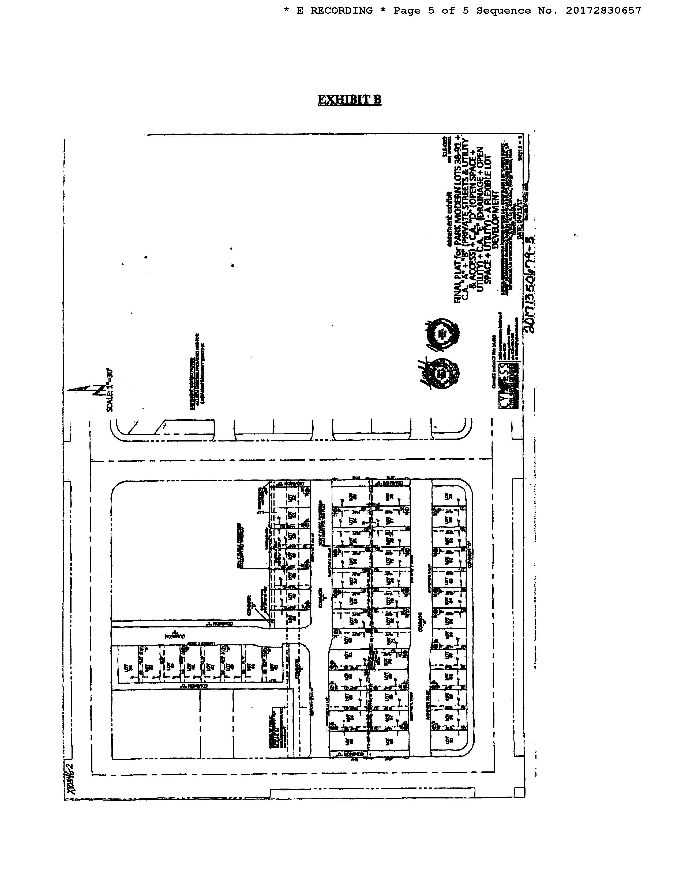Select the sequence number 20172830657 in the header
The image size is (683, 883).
[603, 11]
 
